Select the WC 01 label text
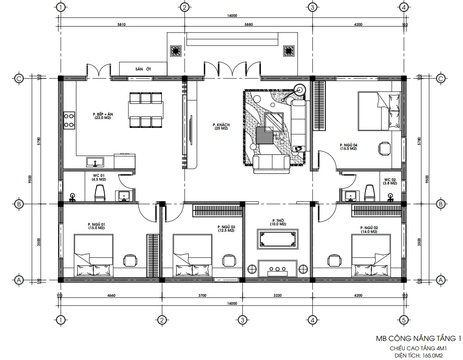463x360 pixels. click(x=98, y=177)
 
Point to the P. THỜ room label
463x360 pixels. click(x=277, y=222)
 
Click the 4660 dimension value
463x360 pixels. click(x=111, y=295)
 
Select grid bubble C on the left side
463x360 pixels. click(x=19, y=78)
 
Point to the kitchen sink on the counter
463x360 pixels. click(x=96, y=162)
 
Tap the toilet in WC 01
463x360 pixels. click(x=100, y=193)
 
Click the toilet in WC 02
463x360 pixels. click(x=370, y=192)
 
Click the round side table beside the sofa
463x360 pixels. click(x=300, y=89)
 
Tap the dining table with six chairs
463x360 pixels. click(x=145, y=110)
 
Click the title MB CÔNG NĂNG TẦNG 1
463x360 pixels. click(x=417, y=338)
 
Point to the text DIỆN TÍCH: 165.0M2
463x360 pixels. click(x=417, y=356)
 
